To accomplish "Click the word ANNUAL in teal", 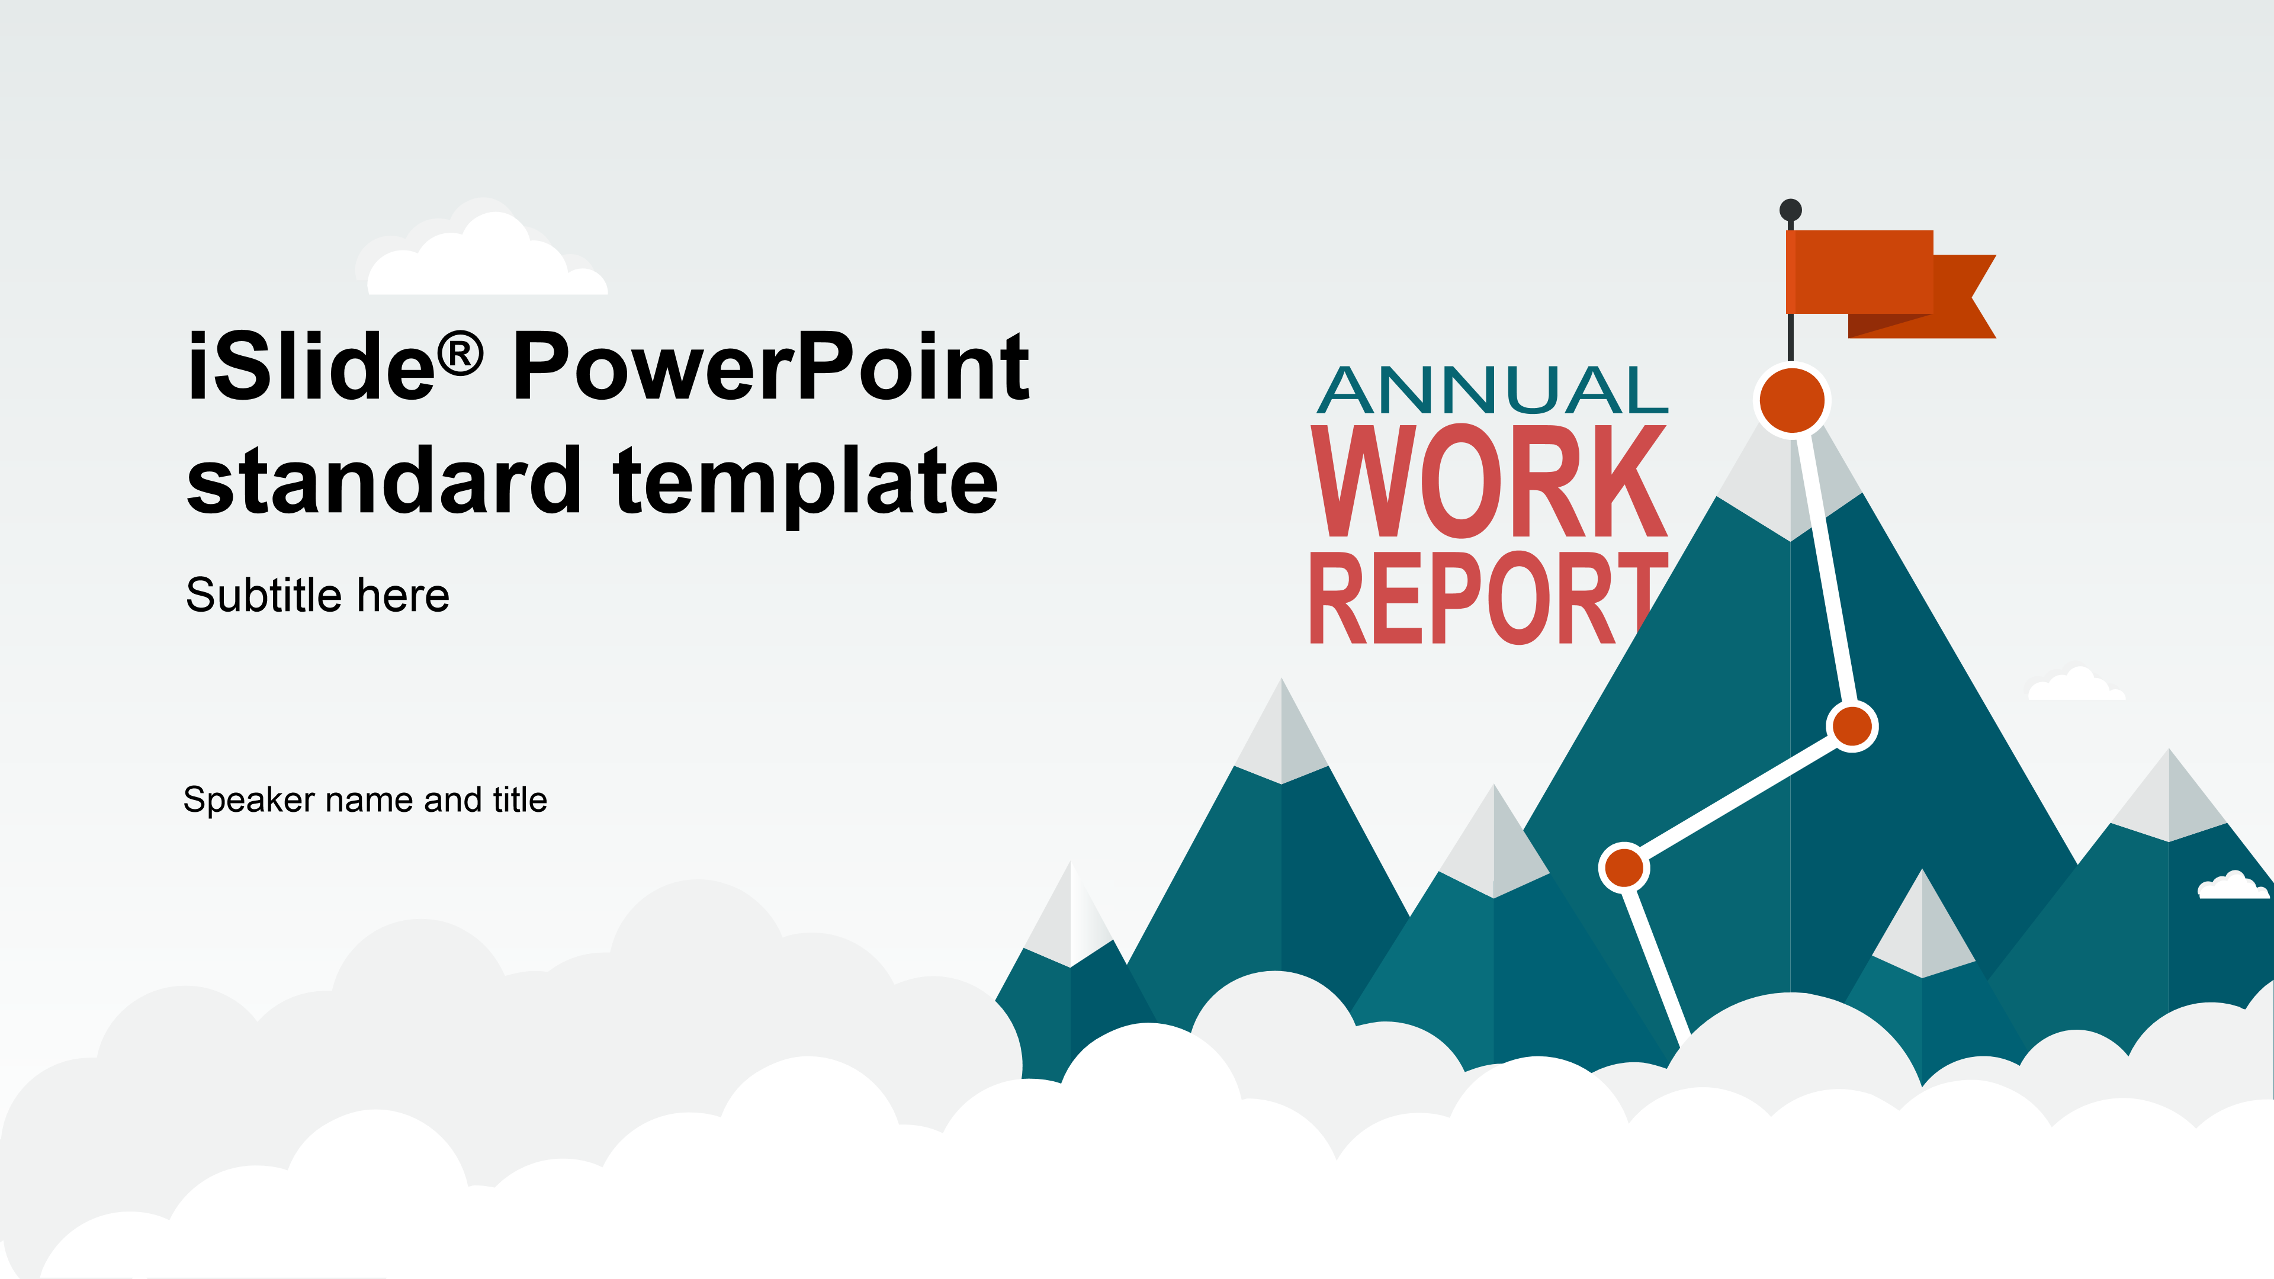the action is point(1492,390).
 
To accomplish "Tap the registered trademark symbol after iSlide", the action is point(461,353).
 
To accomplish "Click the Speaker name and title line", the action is point(365,800).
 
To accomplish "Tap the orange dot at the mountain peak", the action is point(1792,400).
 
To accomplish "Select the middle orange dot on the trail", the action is point(1852,727).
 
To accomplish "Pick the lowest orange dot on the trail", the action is point(1624,867).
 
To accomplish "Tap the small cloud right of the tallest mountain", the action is point(2076,685).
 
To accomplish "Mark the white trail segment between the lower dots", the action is point(1738,797).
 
